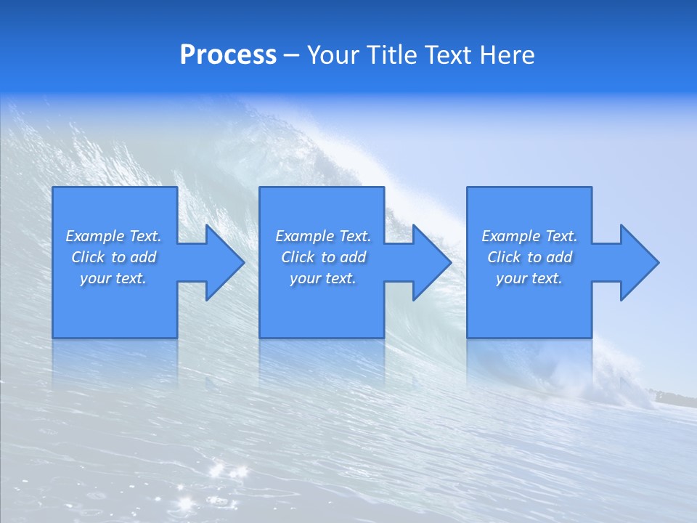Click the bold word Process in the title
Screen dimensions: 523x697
tap(228, 55)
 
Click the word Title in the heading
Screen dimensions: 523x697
tap(392, 55)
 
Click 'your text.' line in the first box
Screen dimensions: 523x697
tap(113, 278)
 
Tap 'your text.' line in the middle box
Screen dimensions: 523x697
tap(323, 278)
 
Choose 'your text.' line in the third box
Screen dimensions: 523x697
tap(529, 278)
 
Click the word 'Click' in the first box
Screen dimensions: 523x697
tap(88, 257)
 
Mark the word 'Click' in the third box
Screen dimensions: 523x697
tap(504, 257)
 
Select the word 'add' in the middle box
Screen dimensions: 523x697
tap(354, 257)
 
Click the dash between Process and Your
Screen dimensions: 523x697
tap(291, 57)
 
